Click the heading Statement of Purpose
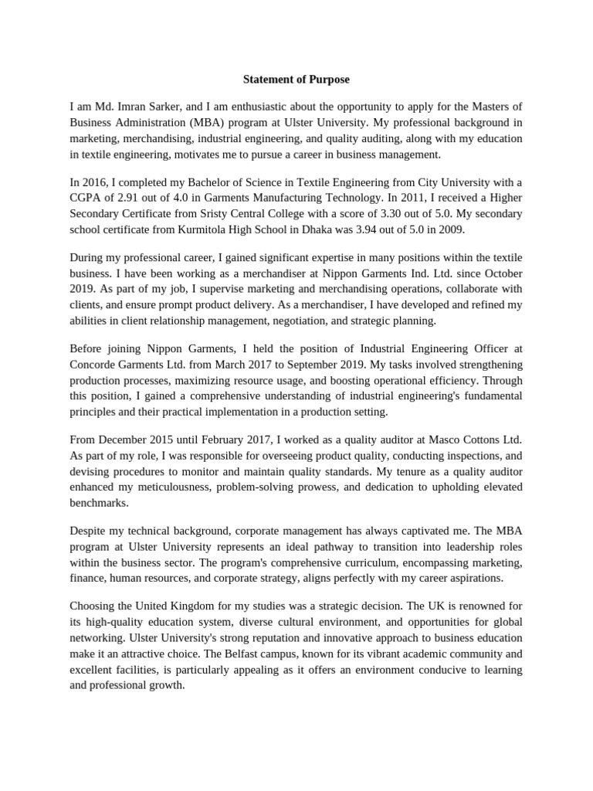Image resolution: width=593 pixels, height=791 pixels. (x=296, y=79)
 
